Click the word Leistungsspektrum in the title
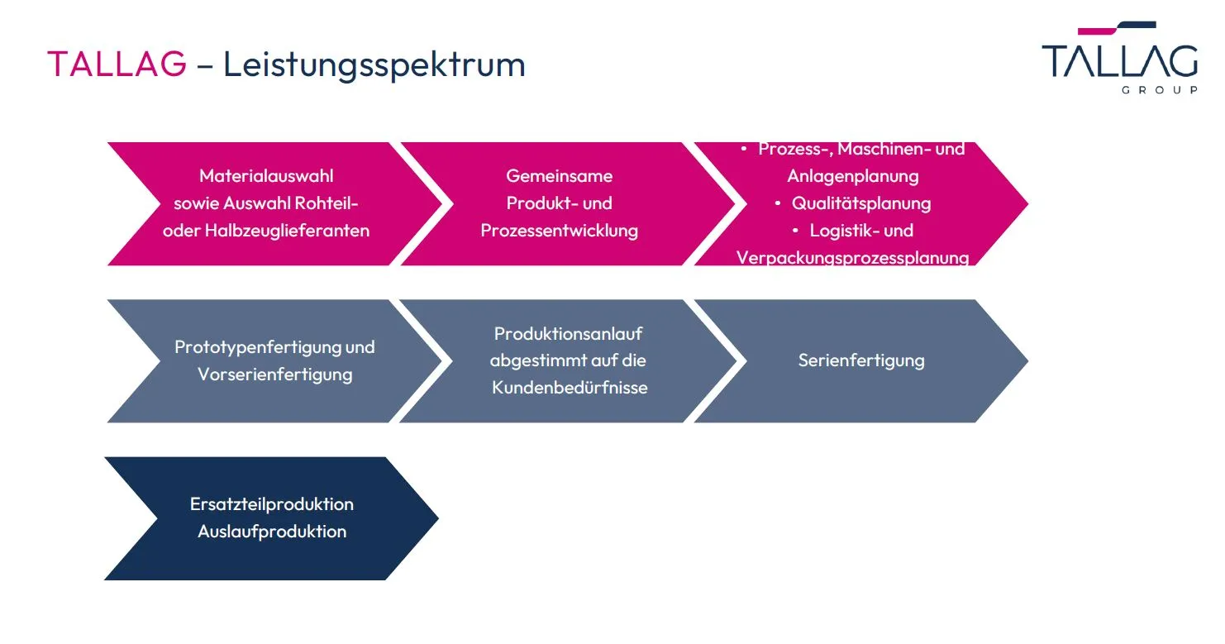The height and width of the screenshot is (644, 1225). (374, 65)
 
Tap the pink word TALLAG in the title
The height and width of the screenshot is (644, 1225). (117, 64)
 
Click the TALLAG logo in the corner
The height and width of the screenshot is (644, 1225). (1120, 57)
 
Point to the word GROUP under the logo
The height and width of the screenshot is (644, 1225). (1160, 90)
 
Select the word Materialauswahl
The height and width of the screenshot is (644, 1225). (266, 175)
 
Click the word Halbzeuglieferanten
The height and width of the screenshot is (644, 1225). (287, 231)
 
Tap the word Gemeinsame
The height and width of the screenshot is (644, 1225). (559, 175)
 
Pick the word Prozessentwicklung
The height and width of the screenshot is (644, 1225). (559, 231)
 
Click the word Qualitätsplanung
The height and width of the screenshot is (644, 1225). (861, 203)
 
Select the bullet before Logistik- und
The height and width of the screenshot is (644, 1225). (795, 231)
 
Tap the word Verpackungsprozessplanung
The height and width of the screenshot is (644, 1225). (852, 258)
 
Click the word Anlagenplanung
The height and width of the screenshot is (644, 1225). (852, 176)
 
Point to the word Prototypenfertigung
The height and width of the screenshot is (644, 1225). (258, 347)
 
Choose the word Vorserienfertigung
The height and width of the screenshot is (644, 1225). (275, 374)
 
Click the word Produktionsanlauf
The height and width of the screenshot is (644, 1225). (568, 334)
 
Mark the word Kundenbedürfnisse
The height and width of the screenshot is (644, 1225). (570, 388)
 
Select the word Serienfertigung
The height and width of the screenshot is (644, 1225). (861, 360)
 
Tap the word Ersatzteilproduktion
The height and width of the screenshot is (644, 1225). (272, 504)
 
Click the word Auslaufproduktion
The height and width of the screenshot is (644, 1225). (272, 532)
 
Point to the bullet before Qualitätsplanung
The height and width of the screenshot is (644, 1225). (778, 203)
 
